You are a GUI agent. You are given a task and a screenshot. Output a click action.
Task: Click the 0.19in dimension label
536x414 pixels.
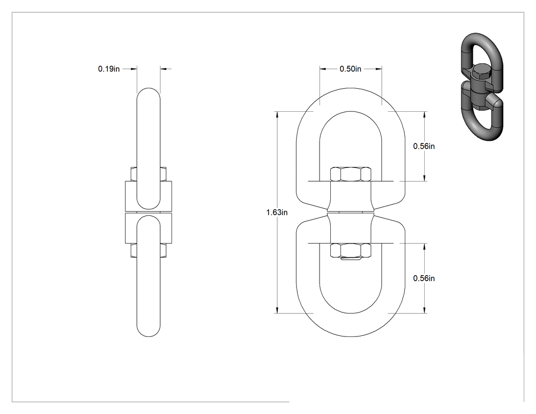(109, 69)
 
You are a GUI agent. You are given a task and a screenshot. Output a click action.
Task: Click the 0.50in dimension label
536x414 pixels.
(350, 69)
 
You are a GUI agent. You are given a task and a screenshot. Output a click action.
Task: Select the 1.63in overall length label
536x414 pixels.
(277, 212)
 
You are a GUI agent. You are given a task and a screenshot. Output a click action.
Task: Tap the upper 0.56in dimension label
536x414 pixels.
(424, 146)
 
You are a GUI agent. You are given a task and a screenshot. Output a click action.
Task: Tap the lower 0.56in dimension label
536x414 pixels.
(424, 278)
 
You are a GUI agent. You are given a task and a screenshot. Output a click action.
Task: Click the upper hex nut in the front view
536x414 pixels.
(351, 174)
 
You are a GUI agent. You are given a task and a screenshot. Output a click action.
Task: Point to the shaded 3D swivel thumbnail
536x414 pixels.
(482, 87)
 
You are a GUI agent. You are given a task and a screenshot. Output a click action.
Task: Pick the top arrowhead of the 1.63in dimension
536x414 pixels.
(277, 114)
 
